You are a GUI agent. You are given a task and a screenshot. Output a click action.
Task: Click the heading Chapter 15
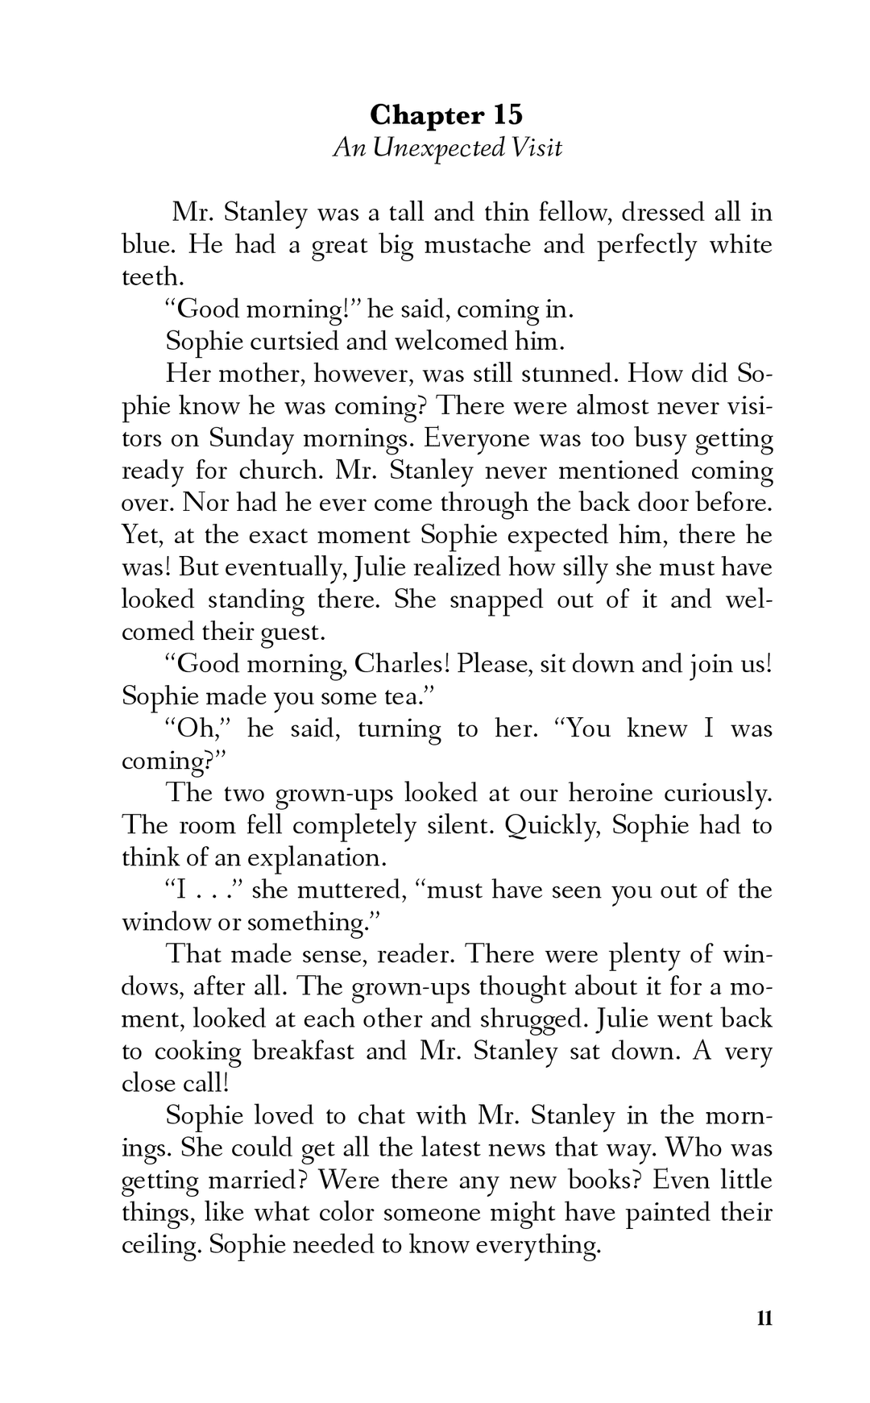tap(446, 115)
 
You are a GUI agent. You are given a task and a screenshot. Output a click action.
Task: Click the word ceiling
tap(159, 1245)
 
